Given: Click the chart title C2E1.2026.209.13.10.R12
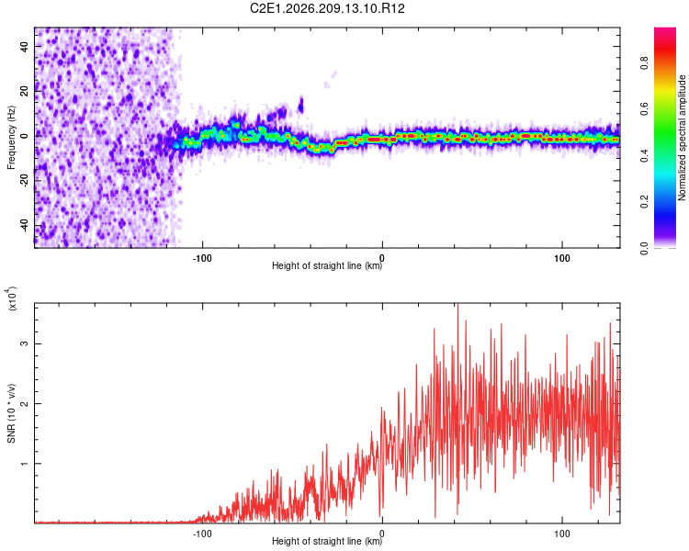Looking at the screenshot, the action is point(327,8).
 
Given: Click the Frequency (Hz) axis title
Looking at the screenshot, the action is point(11,138).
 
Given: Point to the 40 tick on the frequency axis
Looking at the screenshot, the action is point(24,46).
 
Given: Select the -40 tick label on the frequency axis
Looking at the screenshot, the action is point(24,226).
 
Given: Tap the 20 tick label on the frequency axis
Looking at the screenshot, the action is point(24,91).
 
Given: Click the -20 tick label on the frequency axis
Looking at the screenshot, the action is point(24,181).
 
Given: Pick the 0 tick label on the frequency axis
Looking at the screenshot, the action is point(24,136).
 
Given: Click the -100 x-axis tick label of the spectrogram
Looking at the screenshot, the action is point(202,258).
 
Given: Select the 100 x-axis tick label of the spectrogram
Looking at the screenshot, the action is point(562,258).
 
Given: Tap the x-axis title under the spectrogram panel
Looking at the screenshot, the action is point(327,265).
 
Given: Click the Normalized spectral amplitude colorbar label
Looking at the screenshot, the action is point(682,138).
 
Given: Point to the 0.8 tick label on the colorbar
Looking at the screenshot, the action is point(644,62).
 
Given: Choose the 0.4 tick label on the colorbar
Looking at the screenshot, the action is point(644,155).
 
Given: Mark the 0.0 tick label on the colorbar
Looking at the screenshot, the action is point(644,248).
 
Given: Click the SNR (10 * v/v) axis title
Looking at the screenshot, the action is point(11,413).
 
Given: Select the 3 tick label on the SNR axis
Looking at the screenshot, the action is point(24,343).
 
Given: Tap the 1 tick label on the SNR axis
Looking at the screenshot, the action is point(24,463).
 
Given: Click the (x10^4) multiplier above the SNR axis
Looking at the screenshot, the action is point(11,298).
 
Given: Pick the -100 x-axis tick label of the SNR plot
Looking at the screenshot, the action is point(202,534).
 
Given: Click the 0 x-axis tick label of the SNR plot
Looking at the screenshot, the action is point(382,534).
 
